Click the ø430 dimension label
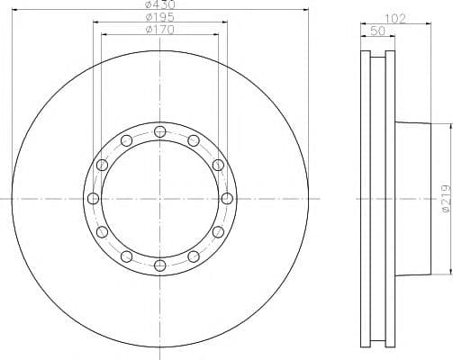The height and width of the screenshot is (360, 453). tap(159, 4)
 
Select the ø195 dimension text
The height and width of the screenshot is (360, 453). tap(159, 17)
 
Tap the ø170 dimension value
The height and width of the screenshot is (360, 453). tap(159, 30)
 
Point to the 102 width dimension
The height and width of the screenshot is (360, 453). tap(395, 19)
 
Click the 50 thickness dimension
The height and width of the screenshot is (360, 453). tap(377, 31)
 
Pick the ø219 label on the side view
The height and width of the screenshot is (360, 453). tap(447, 199)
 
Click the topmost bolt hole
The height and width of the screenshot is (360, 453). tap(160, 131)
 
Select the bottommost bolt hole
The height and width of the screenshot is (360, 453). tap(160, 265)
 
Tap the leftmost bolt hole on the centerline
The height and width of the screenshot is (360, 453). tap(93, 199)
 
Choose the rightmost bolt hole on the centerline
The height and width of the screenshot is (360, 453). tap(227, 199)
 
